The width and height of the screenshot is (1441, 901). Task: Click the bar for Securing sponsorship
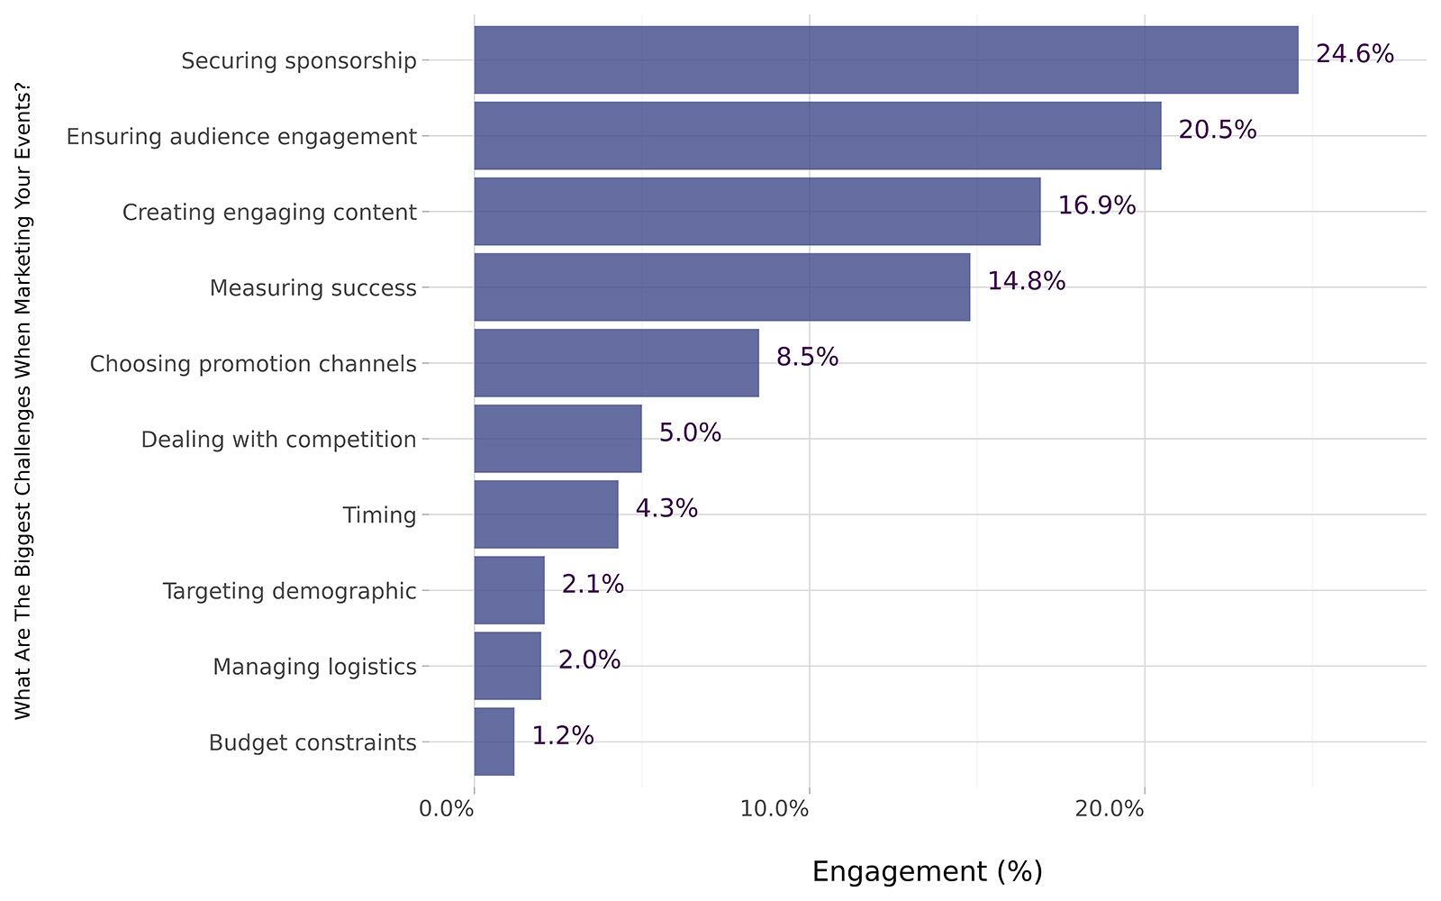[886, 59]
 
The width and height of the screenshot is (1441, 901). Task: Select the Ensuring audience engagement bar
[818, 135]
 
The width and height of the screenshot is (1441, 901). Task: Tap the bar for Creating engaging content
[757, 211]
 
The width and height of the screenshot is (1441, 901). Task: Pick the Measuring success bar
[722, 287]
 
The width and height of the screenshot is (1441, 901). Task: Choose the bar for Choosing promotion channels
[617, 362]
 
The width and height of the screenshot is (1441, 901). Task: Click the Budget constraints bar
[494, 742]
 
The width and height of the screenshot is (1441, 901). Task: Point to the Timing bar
[547, 514]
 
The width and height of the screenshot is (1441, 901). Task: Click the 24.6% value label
[1355, 54]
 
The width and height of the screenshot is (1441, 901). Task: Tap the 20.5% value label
[1217, 130]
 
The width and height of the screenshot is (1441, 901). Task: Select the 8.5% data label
[807, 358]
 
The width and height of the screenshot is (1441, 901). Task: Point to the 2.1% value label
[593, 585]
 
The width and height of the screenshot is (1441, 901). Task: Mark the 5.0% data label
[690, 433]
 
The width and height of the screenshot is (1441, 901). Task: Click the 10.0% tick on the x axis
[775, 809]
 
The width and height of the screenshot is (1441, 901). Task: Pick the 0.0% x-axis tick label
[447, 809]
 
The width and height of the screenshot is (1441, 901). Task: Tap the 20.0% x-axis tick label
[1110, 809]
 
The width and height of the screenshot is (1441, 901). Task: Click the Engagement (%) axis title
[927, 871]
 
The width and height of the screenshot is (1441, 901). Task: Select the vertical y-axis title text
[23, 401]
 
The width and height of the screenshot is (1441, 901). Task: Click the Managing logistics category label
[314, 667]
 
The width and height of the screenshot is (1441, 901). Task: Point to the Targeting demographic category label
[289, 591]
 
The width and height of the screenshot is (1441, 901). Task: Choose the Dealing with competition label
[278, 440]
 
